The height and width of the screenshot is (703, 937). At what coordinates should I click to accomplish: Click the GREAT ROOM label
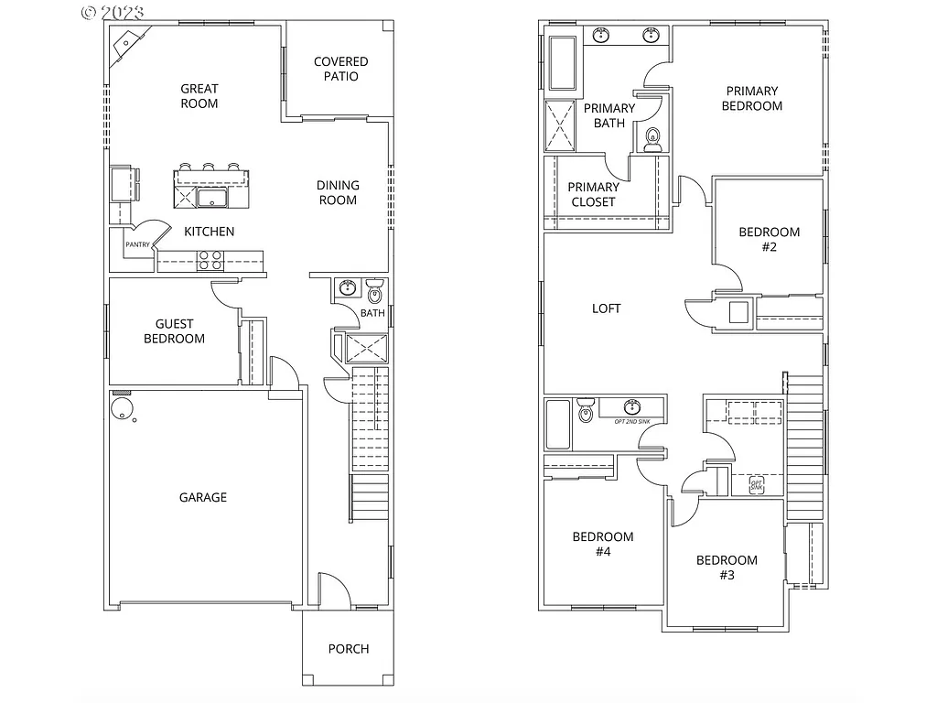pyautogui.click(x=199, y=96)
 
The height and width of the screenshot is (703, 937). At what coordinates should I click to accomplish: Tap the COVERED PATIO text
pyautogui.click(x=340, y=69)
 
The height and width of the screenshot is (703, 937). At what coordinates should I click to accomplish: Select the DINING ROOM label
pyautogui.click(x=338, y=192)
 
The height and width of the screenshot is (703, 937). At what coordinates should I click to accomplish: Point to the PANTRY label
pyautogui.click(x=137, y=245)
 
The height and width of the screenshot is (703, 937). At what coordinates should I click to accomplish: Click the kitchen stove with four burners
pyautogui.click(x=210, y=261)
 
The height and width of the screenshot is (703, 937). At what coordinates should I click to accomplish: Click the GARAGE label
pyautogui.click(x=202, y=497)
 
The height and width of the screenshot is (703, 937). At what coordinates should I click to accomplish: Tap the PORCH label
pyautogui.click(x=349, y=649)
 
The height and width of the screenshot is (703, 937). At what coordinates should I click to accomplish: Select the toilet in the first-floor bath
pyautogui.click(x=374, y=294)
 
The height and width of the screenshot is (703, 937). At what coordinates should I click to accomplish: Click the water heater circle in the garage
pyautogui.click(x=120, y=407)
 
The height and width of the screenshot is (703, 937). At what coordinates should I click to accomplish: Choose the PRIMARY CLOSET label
pyautogui.click(x=593, y=194)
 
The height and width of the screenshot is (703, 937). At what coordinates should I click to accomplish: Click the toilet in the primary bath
pyautogui.click(x=652, y=139)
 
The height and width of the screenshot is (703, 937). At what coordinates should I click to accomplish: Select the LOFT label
pyautogui.click(x=606, y=308)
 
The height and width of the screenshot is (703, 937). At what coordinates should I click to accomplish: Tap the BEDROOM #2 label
pyautogui.click(x=769, y=239)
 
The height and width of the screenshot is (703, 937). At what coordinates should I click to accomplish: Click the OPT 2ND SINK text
pyautogui.click(x=631, y=421)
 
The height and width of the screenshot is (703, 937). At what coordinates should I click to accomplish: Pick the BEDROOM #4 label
pyautogui.click(x=602, y=544)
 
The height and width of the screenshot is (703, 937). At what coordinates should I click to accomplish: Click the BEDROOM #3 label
pyautogui.click(x=727, y=568)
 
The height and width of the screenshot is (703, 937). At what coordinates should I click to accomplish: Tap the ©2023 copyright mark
pyautogui.click(x=113, y=12)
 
